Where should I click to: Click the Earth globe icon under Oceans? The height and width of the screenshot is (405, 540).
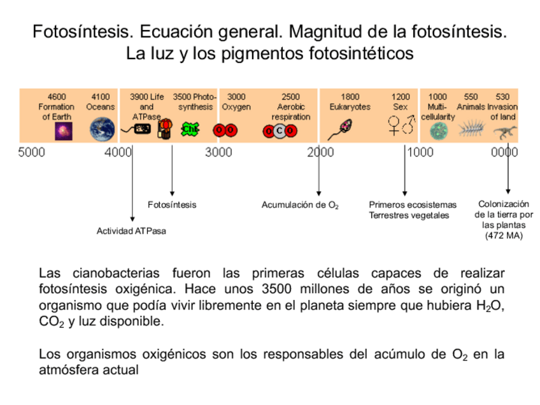pos(102,129)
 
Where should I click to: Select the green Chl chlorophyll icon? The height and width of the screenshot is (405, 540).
pos(190,129)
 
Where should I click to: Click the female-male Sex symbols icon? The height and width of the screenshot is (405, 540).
pos(401,125)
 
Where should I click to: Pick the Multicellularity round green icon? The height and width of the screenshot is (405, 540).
pos(439,131)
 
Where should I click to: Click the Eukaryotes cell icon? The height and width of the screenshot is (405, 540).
pos(339,130)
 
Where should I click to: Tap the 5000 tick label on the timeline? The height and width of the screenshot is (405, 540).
pos(32,153)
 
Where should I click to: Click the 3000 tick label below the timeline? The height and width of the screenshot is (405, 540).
pos(218,153)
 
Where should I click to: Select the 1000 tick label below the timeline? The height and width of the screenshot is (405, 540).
pos(420,153)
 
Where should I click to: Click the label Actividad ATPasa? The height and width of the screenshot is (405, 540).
pos(131,231)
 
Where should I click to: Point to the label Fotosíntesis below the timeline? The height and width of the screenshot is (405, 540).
pos(172,205)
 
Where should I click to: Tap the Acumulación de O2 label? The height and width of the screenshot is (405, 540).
pos(300,205)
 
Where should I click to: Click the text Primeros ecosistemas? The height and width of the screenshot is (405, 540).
pos(413,205)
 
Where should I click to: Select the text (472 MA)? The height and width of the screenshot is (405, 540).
pos(504,236)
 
